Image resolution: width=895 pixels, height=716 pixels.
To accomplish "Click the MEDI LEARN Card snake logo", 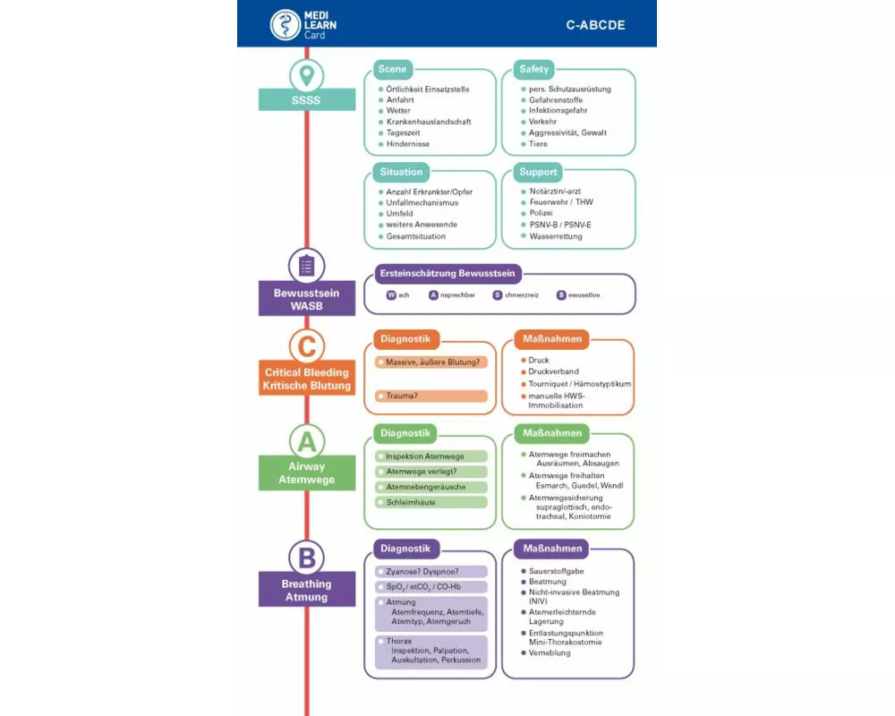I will click(x=286, y=24).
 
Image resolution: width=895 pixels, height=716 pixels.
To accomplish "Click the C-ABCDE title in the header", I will click(x=595, y=25).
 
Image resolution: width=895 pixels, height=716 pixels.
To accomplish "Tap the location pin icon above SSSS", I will click(x=307, y=74).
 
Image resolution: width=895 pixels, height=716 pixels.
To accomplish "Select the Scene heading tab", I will click(x=392, y=70).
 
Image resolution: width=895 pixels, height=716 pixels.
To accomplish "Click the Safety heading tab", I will click(x=534, y=70).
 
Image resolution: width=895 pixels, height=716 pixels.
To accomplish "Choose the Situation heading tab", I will click(x=401, y=172).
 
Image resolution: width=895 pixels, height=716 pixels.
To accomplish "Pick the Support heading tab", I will click(x=538, y=172).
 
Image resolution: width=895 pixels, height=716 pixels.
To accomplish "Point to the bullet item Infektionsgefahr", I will click(x=558, y=111).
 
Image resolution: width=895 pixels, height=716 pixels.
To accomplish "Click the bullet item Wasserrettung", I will click(x=555, y=236).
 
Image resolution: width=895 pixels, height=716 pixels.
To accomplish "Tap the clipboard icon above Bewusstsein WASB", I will click(x=307, y=266).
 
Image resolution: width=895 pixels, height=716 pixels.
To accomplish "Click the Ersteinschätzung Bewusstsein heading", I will click(x=447, y=273).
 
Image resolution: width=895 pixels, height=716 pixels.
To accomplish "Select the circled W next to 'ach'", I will click(x=391, y=294).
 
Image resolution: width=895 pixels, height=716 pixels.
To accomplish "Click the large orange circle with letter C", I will click(x=307, y=345).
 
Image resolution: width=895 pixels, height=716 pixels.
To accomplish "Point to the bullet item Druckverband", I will click(x=553, y=371).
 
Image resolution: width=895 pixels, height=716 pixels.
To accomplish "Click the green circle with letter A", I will click(x=307, y=440).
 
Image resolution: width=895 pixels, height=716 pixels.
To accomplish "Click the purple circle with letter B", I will click(x=307, y=558).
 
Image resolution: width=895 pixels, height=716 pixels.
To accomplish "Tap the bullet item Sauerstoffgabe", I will click(x=556, y=571).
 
